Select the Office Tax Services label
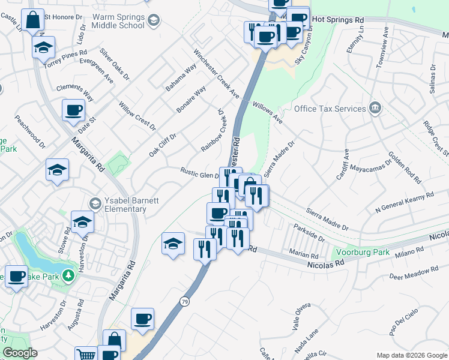pos(330,109)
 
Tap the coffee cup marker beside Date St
pos(74,110)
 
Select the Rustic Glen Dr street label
pos(200,173)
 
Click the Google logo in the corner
pos(19,353)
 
